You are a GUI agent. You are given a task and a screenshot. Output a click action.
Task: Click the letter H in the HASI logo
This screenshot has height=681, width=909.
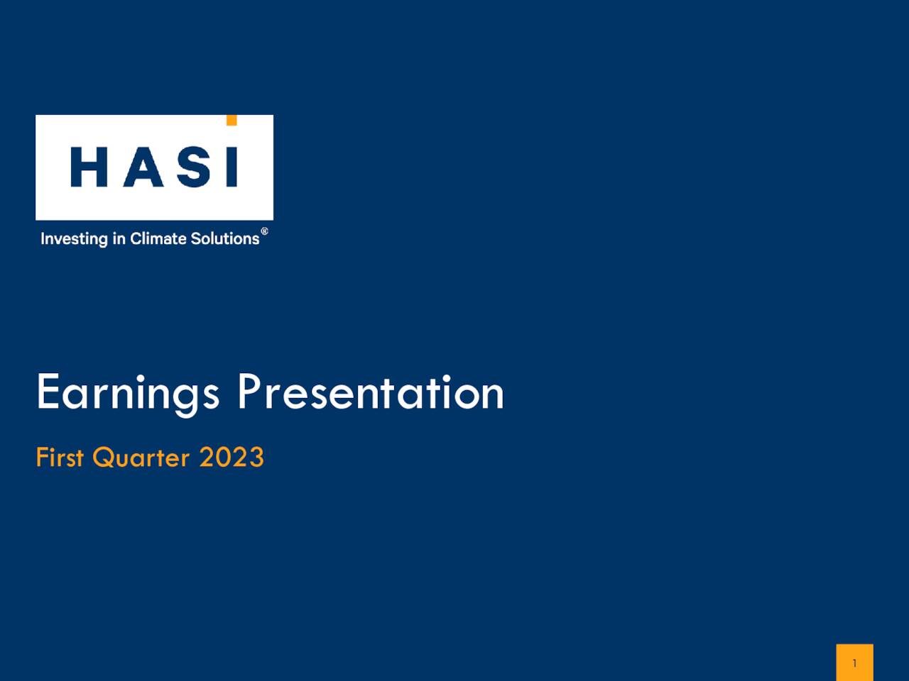(88, 167)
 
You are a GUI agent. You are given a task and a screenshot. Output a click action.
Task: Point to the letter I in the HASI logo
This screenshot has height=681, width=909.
(231, 167)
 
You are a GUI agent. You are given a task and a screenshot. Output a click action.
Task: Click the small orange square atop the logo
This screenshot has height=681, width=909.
(231, 121)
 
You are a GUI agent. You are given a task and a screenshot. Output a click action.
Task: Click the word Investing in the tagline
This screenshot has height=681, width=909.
(74, 239)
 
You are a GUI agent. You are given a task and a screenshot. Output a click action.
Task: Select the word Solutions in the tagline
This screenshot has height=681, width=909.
(225, 238)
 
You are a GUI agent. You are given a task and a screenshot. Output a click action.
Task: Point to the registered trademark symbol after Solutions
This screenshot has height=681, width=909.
(265, 232)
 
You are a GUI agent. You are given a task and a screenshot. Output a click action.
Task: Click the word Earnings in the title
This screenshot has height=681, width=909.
(128, 392)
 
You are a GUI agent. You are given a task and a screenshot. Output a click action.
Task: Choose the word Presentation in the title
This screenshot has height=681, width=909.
(370, 392)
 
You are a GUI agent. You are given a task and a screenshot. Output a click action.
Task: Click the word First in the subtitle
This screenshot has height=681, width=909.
(60, 458)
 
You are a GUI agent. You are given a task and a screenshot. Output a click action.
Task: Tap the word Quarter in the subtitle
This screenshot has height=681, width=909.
(141, 458)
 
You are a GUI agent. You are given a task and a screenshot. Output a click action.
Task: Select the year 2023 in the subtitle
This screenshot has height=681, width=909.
(232, 458)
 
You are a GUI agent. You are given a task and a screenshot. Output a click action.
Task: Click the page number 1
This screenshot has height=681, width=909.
(854, 663)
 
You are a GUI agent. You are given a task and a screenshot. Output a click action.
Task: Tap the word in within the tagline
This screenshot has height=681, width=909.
(119, 238)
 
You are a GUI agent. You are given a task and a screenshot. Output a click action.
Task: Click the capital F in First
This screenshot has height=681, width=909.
(41, 458)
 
